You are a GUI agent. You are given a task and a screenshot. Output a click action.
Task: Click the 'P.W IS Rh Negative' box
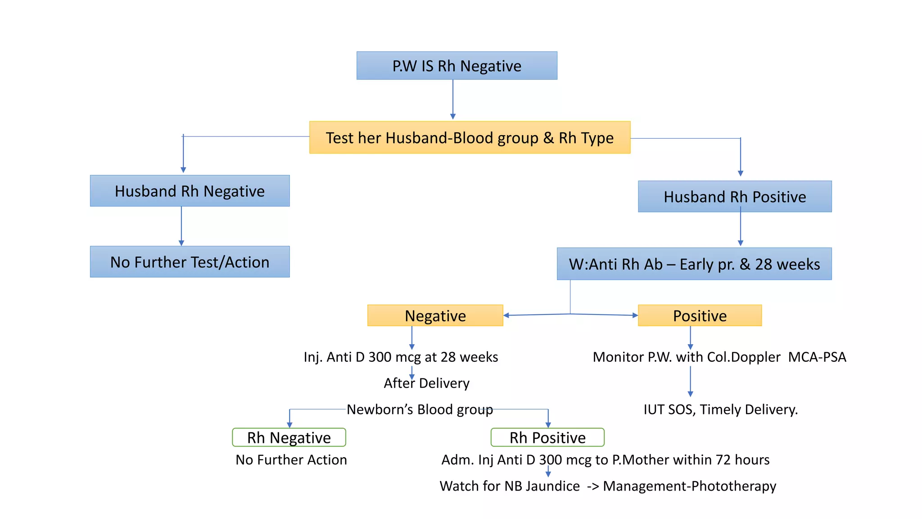point(456,66)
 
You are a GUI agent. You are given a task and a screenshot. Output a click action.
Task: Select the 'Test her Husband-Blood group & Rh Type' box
point(470,137)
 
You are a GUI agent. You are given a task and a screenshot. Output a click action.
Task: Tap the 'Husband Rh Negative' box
point(190,191)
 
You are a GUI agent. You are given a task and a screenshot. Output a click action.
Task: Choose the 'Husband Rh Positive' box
point(735,197)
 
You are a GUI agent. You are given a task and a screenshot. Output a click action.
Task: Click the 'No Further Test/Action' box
point(190,262)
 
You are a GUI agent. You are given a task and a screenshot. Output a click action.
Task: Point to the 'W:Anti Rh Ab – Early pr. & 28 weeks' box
point(694,264)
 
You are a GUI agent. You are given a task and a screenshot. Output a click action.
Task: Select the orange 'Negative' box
point(435,316)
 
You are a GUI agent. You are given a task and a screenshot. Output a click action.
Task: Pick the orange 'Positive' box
point(700,316)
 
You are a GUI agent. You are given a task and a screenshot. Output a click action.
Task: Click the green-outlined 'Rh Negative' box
point(289,437)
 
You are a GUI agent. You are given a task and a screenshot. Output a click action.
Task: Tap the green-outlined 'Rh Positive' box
point(547,437)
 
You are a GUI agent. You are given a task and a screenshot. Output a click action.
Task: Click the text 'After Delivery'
point(426,383)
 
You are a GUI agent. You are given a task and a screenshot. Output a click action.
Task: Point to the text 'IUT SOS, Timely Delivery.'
point(720,410)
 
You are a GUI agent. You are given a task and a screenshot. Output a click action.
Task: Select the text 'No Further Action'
point(291,460)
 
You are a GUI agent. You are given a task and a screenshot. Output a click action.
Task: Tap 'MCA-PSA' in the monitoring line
point(817,357)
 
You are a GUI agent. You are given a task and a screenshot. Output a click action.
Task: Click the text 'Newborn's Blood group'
point(420,410)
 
